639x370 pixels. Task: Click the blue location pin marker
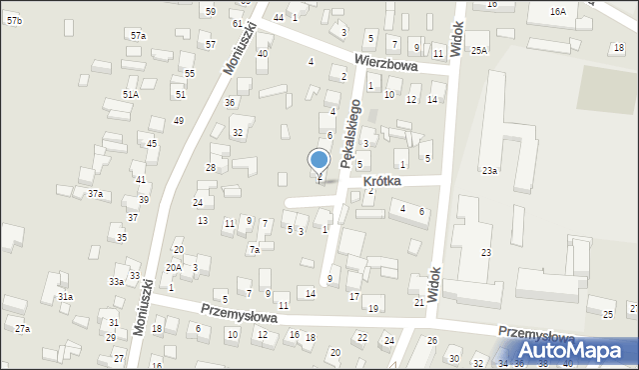pyautogui.click(x=319, y=161)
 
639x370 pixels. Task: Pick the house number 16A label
pyautogui.click(x=557, y=11)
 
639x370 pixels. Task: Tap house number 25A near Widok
pyautogui.click(x=479, y=50)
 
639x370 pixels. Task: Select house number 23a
pyautogui.click(x=489, y=171)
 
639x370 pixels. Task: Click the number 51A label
pyautogui.click(x=131, y=94)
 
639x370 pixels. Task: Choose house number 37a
pyautogui.click(x=94, y=193)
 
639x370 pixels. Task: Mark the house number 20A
pyautogui.click(x=174, y=267)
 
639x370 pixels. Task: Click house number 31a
pyautogui.click(x=65, y=297)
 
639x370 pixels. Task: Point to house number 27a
pyautogui.click(x=22, y=328)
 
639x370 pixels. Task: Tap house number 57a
pyautogui.click(x=138, y=35)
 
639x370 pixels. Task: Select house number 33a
pyautogui.click(x=117, y=282)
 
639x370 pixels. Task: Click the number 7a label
pyautogui.click(x=255, y=250)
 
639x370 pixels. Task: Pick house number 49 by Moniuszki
pyautogui.click(x=178, y=120)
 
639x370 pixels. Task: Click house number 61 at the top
pyautogui.click(x=237, y=23)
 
